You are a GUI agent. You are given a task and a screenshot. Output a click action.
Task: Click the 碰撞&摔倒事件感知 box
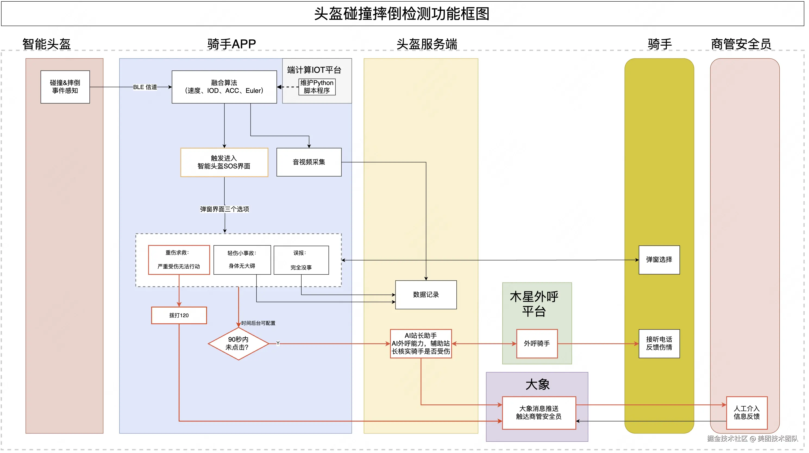point(65,87)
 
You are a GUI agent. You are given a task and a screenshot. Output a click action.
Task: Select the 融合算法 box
point(224,87)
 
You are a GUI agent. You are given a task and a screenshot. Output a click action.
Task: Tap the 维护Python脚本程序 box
point(317,87)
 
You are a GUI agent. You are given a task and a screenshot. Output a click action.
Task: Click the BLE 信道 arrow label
point(145,87)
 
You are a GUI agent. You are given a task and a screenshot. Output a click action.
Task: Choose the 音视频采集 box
point(309,162)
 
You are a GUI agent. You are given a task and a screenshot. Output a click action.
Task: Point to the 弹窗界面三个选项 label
point(225,209)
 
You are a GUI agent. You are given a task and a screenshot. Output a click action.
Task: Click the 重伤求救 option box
point(179,260)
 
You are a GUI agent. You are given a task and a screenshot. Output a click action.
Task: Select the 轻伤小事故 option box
point(242,260)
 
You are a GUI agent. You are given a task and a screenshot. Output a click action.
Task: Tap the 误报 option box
point(302,260)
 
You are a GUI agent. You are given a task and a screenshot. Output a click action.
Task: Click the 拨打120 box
point(179,315)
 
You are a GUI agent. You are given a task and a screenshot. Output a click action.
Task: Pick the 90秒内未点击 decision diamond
point(238,344)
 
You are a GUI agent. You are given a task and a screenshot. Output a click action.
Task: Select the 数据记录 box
point(426,295)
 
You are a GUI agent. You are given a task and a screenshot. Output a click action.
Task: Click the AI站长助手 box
point(421,344)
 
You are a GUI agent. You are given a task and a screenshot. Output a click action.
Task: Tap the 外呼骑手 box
point(537,344)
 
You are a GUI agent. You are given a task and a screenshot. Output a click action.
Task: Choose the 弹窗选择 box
point(659,260)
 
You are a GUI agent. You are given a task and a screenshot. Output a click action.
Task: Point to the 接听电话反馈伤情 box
point(659,344)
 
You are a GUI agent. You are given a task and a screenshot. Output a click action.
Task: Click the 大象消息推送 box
point(539,413)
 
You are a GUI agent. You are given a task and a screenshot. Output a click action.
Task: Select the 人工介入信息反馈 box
point(747,413)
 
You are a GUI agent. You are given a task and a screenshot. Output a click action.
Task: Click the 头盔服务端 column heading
point(427,44)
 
